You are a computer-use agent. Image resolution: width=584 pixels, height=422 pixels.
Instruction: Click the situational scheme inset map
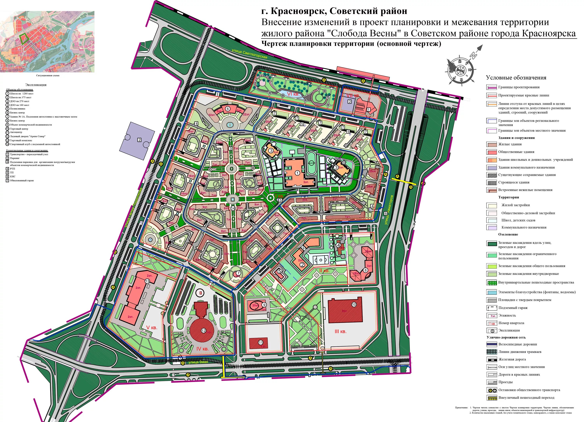tap(47, 41)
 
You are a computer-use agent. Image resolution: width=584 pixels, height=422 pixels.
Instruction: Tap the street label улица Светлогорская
tap(249, 54)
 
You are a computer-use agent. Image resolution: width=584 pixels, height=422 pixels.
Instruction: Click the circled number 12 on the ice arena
tap(203, 331)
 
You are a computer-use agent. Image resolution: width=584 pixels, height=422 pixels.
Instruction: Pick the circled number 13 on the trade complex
tap(147, 281)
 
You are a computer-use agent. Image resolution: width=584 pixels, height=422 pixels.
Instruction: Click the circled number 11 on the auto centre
tap(261, 342)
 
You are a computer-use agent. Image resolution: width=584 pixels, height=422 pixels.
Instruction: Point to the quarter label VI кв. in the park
tap(293, 94)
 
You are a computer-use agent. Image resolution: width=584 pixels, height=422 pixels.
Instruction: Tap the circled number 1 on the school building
tap(297, 173)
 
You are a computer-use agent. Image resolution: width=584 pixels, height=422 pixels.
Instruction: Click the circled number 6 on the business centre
tap(228, 109)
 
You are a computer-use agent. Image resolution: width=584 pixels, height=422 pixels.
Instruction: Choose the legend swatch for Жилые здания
tap(491, 144)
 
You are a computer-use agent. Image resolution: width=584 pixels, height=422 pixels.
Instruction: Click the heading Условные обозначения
tap(516, 78)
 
